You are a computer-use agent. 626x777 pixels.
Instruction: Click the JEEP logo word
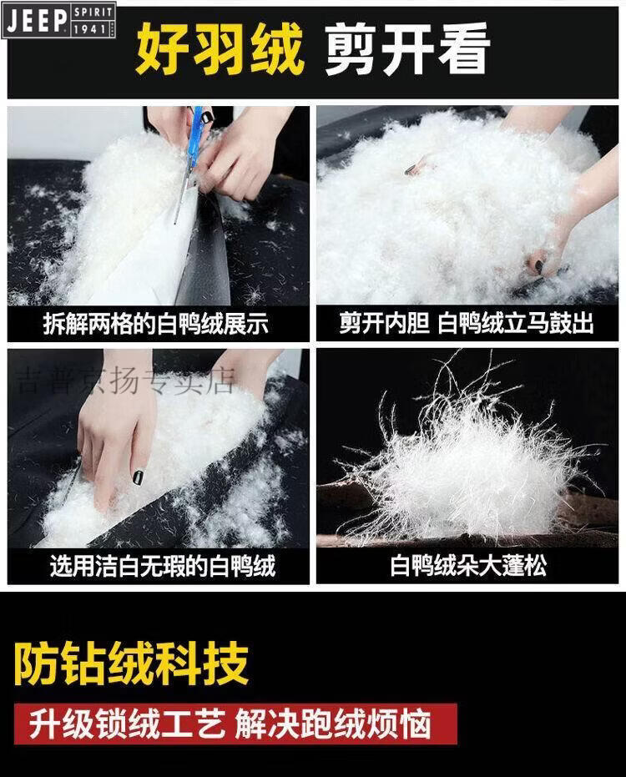[x=37, y=20]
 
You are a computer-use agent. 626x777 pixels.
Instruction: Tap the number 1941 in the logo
[x=91, y=28]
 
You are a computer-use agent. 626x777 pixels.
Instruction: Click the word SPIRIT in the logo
[x=93, y=12]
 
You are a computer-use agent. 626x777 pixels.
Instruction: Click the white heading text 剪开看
[x=407, y=49]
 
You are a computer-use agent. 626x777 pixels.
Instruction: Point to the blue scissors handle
[x=197, y=131]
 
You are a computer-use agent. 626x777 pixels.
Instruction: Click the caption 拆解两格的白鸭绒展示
[x=155, y=324]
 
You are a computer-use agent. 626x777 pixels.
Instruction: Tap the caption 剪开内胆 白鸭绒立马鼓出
[x=466, y=324]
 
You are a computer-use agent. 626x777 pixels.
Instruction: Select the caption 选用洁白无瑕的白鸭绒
[x=163, y=565]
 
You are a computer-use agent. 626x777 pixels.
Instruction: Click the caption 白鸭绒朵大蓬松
[x=468, y=565]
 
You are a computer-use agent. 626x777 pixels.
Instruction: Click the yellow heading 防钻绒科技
[x=131, y=663]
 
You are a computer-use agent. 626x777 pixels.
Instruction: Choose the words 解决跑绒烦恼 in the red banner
[x=332, y=724]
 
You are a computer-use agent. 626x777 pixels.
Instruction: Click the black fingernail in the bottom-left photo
[x=137, y=477]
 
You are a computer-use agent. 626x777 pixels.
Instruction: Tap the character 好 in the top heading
[x=162, y=51]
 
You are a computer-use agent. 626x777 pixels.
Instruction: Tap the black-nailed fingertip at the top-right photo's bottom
[x=538, y=266]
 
